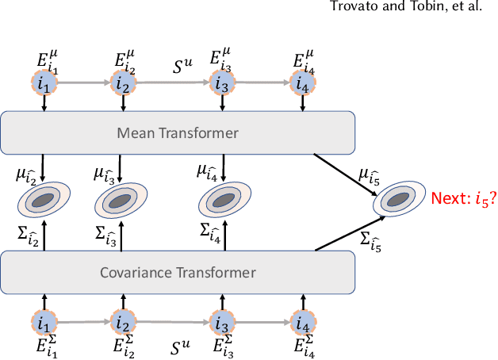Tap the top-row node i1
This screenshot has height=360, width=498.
(44, 82)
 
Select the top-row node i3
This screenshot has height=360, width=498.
(221, 82)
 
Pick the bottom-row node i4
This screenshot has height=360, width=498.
(301, 323)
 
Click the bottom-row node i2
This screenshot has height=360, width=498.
(123, 323)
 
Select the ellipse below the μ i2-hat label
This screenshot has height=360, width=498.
(44, 201)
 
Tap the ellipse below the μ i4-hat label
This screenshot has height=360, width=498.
(221, 201)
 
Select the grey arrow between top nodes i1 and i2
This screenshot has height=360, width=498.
(83, 82)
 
